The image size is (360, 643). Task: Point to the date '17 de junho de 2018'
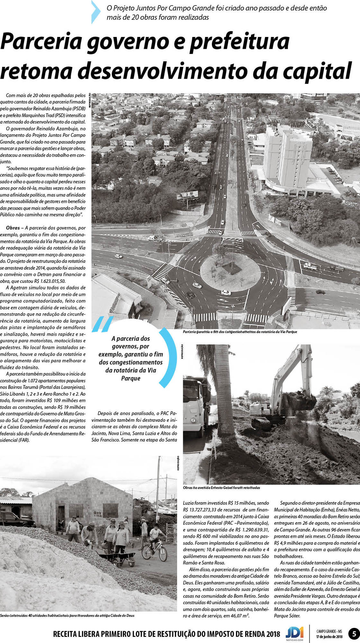point(329,636)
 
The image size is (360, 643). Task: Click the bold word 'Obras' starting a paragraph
point(13,228)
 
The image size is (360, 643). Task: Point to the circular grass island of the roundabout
point(230,272)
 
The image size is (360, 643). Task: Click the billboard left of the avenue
point(187,195)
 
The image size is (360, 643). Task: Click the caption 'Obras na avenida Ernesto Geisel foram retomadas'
point(221,488)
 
